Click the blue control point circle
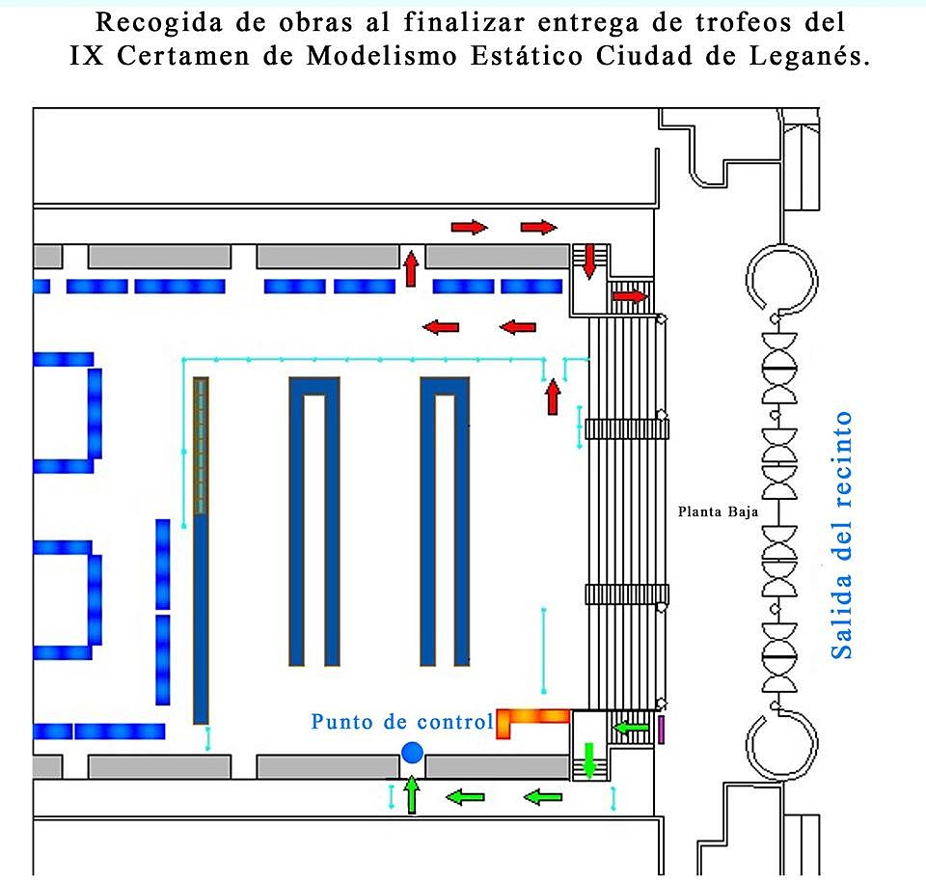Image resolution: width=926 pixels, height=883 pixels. pyautogui.click(x=412, y=753)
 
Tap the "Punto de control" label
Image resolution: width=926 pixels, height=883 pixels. pyautogui.click(x=402, y=722)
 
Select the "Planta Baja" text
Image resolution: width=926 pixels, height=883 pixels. pyautogui.click(x=718, y=511)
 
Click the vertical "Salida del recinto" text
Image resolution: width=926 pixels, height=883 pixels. pyautogui.click(x=841, y=536)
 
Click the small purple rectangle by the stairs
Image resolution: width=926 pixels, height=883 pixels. pyautogui.click(x=661, y=730)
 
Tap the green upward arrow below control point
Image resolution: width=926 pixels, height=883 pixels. pyautogui.click(x=412, y=795)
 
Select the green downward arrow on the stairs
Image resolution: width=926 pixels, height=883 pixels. pyautogui.click(x=588, y=760)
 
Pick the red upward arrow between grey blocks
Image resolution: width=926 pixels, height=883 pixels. pyautogui.click(x=412, y=268)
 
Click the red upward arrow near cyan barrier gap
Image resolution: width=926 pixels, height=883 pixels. pyautogui.click(x=553, y=398)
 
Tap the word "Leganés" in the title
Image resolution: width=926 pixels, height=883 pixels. pyautogui.click(x=809, y=57)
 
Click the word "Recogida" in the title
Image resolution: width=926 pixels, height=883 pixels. pyautogui.click(x=159, y=23)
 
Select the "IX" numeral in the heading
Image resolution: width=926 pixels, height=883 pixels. pyautogui.click(x=86, y=56)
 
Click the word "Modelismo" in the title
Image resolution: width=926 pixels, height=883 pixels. pyautogui.click(x=382, y=56)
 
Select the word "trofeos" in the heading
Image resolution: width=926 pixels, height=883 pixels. pyautogui.click(x=743, y=23)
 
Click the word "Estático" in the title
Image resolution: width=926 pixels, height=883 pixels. pyautogui.click(x=527, y=56)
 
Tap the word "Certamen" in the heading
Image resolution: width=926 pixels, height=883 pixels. pyautogui.click(x=183, y=56)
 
